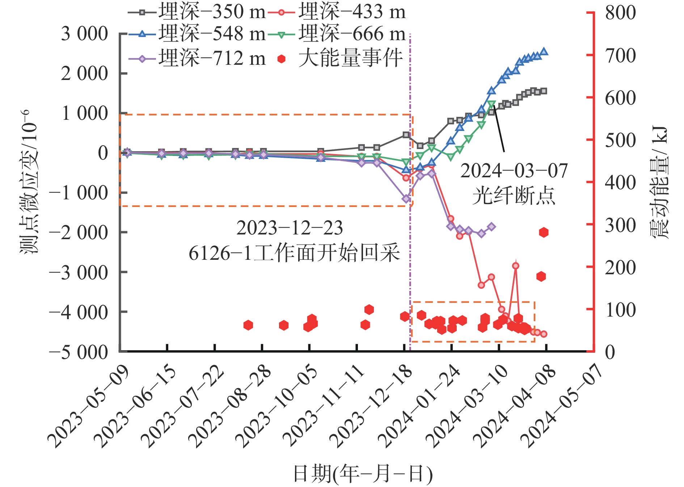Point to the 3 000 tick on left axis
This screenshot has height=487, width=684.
pos(85,34)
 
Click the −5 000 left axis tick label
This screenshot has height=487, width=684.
pos(79,352)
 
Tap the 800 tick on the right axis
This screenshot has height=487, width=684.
pos(620,13)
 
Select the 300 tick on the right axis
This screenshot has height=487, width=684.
pos(620,225)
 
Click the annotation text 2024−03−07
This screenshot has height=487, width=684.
pos(514,171)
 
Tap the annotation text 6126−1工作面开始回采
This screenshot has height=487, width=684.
pos(294,253)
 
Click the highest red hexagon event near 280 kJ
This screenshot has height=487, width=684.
pos(544,232)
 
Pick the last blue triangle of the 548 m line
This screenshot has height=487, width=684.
pos(544,51)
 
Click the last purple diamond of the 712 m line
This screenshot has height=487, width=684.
pos(491,227)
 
